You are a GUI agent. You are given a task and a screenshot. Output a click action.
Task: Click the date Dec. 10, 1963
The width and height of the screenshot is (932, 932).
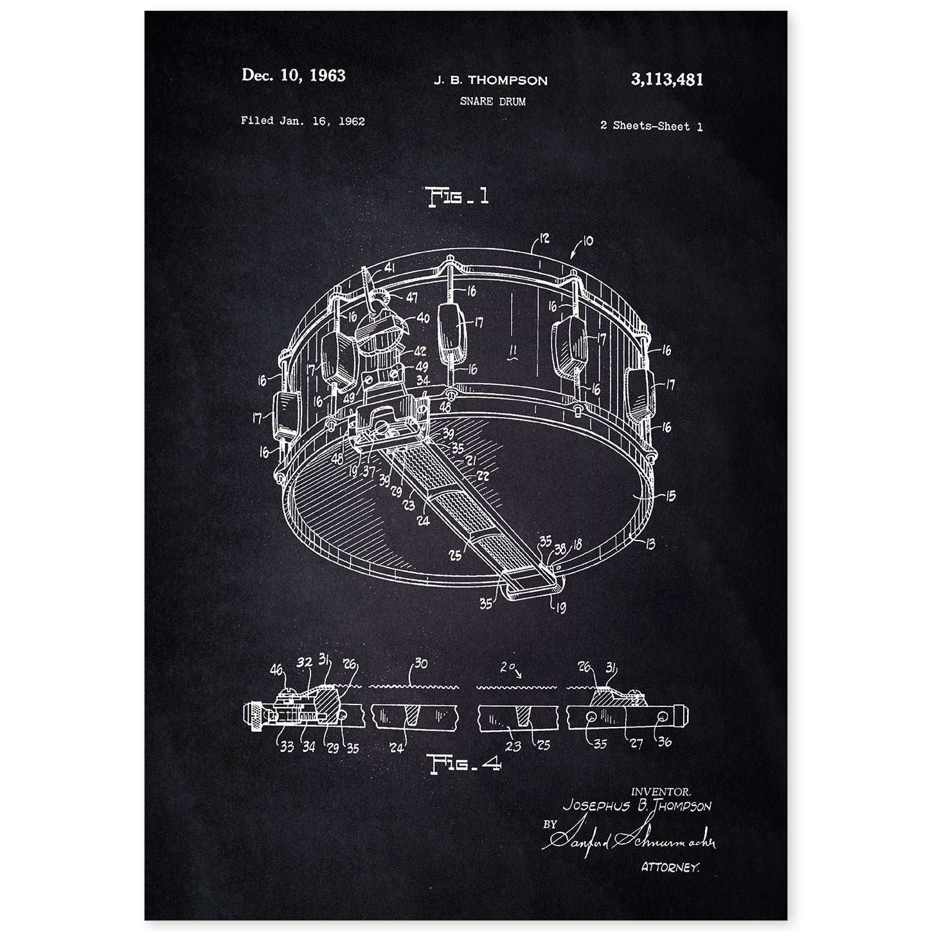tap(293, 75)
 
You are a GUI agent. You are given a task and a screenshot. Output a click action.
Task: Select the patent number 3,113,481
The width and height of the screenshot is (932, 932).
tap(667, 80)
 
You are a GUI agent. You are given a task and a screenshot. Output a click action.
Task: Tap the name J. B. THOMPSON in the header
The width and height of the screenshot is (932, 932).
tap(490, 80)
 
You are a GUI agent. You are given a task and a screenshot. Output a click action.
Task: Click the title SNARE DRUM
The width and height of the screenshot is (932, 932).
tap(492, 102)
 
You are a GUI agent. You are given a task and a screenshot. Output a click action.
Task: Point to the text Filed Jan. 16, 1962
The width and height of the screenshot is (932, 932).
tap(303, 121)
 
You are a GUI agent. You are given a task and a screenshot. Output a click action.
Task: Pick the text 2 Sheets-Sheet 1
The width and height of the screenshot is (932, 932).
tap(651, 127)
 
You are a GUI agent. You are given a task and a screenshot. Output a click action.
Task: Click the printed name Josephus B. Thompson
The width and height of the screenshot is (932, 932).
tap(637, 805)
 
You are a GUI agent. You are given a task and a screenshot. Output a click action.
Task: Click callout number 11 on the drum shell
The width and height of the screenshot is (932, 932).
tap(512, 351)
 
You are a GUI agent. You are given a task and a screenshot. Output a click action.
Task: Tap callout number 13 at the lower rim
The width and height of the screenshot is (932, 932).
tap(650, 544)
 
